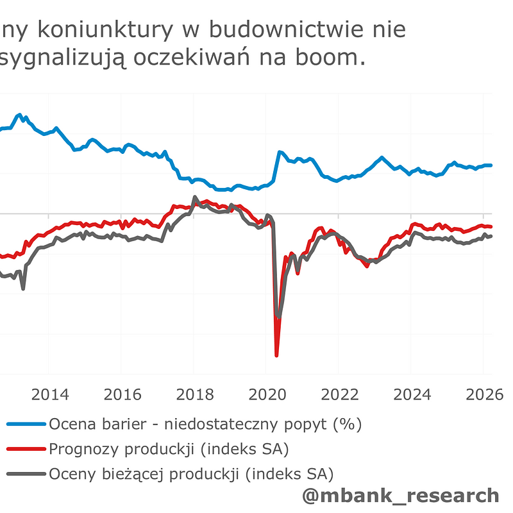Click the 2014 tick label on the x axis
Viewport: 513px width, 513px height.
pos(49,394)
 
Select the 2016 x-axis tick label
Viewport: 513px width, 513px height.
pos(122,394)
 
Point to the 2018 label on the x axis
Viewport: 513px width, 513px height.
pos(194,394)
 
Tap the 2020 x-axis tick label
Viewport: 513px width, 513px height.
pos(267,394)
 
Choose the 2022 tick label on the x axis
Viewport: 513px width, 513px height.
pos(339,394)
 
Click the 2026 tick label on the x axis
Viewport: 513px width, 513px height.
pos(483,394)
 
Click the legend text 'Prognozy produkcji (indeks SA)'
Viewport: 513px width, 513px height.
pos(173,449)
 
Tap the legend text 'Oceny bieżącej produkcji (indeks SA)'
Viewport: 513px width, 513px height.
pos(191,475)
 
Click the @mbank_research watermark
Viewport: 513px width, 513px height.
pos(400,495)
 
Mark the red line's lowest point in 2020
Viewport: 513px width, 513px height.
pos(276,355)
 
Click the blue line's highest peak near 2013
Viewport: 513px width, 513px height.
pos(20,115)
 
